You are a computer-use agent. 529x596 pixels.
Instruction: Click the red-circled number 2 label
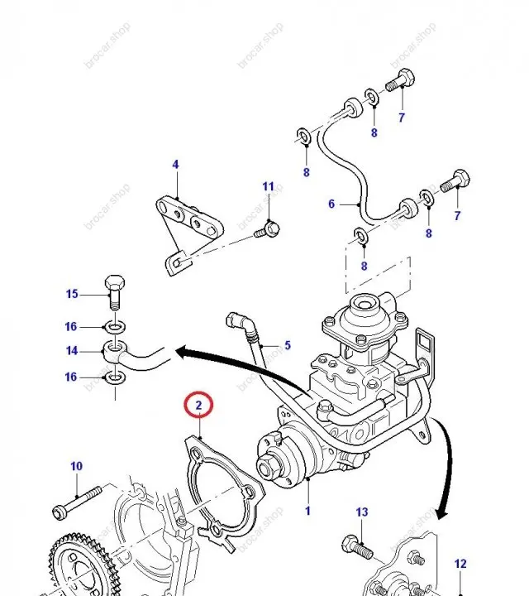pyautogui.click(x=198, y=406)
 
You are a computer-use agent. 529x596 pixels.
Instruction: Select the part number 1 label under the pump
pyautogui.click(x=307, y=511)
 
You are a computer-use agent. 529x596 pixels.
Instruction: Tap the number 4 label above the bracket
pyautogui.click(x=175, y=165)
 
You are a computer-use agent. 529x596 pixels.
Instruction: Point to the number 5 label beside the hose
pyautogui.click(x=288, y=345)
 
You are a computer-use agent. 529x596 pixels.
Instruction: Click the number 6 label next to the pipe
pyautogui.click(x=331, y=204)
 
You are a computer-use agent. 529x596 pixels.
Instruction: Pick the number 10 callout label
pyautogui.click(x=76, y=467)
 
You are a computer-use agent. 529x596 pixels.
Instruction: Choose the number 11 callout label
pyautogui.click(x=268, y=187)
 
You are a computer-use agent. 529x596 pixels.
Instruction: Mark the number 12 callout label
pyautogui.click(x=460, y=565)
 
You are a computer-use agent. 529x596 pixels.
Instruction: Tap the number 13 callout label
pyautogui.click(x=361, y=513)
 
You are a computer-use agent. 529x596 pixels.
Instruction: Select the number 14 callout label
pyautogui.click(x=72, y=351)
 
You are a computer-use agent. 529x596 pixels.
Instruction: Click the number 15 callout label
pyautogui.click(x=72, y=294)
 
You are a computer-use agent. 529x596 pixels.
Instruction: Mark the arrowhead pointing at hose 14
pyautogui.click(x=177, y=353)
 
